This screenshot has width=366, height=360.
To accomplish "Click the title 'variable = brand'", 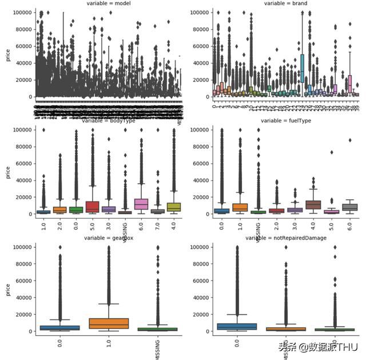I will (x=286, y=3).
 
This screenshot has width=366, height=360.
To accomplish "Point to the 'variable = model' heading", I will (x=108, y=3).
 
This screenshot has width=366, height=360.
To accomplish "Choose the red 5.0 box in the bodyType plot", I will (x=92, y=207).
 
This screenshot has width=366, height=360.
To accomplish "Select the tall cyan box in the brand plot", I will (x=302, y=68).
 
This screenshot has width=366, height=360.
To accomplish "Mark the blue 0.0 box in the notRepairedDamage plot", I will (x=237, y=326).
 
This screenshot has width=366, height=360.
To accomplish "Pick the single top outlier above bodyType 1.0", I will (x=43, y=130).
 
